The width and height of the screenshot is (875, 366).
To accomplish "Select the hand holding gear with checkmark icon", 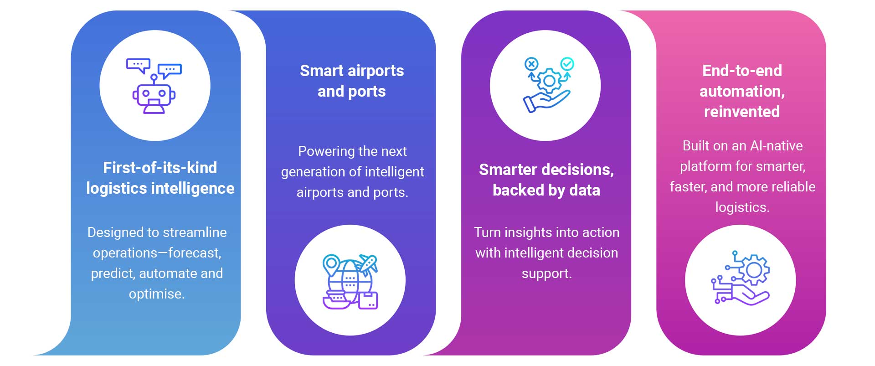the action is coord(549,85).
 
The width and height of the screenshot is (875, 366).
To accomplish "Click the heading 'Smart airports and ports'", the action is coord(352,81).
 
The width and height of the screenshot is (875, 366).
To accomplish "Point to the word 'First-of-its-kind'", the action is coord(160,168).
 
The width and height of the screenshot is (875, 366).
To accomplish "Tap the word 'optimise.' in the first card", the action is coord(157,294).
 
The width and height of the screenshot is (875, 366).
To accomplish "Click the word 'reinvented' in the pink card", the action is coord(742,112).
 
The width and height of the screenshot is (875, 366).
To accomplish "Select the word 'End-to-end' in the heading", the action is coord(742,71).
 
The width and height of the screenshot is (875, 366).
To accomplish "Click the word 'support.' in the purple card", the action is coord(547,273).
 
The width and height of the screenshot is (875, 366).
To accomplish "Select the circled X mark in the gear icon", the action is coord(531,64).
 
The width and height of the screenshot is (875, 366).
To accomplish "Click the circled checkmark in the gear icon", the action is coord(567,64).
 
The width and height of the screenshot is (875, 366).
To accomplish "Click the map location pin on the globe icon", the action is coord(331,265).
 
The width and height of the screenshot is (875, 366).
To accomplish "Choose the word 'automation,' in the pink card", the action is coord(742,92).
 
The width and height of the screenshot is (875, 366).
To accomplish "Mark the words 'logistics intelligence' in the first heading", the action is coord(160,188).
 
